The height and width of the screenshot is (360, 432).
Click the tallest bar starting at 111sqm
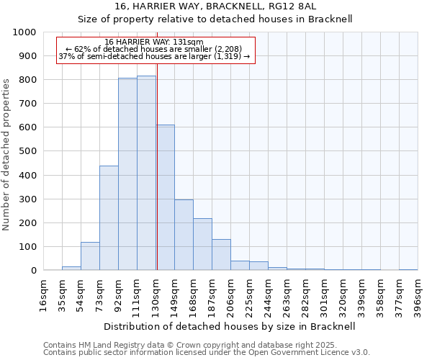(x=146, y=173)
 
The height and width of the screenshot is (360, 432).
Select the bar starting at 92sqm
(x=127, y=174)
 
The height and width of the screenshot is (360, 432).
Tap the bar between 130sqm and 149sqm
(x=165, y=197)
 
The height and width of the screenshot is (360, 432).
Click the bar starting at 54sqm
(x=90, y=256)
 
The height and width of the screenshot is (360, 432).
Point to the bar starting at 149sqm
(x=184, y=235)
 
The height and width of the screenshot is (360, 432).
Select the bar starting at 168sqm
(x=202, y=244)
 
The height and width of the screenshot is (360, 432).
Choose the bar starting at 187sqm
(x=221, y=255)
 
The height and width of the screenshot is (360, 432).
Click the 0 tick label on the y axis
(x=33, y=271)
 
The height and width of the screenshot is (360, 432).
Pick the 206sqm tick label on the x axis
(x=230, y=295)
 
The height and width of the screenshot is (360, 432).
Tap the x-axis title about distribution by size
(x=230, y=326)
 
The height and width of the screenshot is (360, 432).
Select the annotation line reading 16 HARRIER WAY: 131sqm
(x=154, y=42)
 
